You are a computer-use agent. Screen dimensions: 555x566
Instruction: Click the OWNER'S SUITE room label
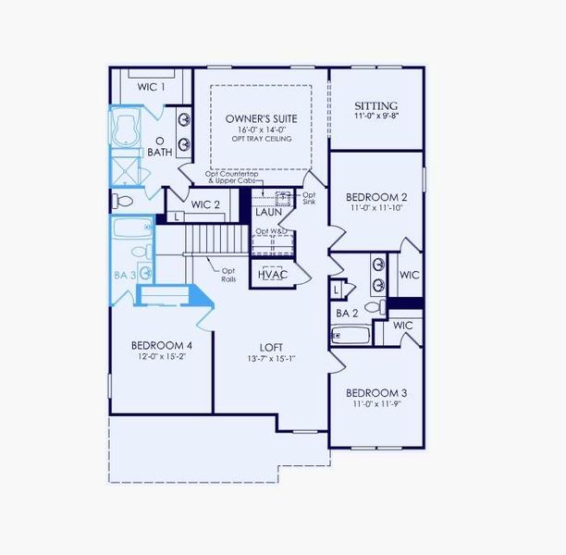coord(259,119)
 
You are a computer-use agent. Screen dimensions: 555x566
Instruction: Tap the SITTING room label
coord(376,106)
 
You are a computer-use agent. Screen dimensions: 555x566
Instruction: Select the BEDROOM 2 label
coord(376,197)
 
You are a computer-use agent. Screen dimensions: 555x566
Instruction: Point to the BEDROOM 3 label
coord(376,392)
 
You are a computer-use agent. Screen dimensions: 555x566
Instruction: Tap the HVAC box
coord(272,275)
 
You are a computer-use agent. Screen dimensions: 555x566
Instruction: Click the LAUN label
coord(269,213)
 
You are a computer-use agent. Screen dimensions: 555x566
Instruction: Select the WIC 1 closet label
coord(152,87)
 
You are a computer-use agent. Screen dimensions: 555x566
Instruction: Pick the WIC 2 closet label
coord(205,205)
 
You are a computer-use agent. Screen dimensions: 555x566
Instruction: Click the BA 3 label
coord(125,275)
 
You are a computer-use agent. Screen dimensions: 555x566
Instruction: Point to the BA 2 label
coord(347,314)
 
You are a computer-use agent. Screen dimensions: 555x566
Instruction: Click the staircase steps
coord(217,241)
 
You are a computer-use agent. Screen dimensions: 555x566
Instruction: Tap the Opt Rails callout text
coord(228,275)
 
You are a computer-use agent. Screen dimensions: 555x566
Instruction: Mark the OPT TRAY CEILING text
coord(259,140)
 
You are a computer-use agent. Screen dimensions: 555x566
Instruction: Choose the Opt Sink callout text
coord(309,199)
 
